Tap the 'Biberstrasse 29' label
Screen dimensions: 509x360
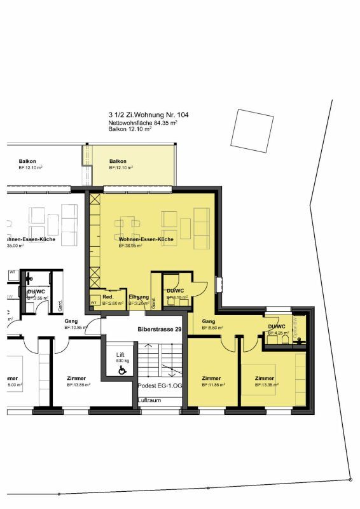pos(161,330)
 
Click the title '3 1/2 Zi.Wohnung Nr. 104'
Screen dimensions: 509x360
pos(148,115)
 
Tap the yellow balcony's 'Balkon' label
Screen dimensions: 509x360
pos(118,162)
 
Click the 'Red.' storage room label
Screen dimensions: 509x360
pos(108,297)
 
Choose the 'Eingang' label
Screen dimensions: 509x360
pos(138,297)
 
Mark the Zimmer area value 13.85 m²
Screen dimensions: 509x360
pos(78,385)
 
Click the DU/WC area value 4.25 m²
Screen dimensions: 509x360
pos(279,333)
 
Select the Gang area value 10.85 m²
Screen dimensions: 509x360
pos(74,329)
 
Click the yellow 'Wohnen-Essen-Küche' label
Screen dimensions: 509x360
pos(146,239)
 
